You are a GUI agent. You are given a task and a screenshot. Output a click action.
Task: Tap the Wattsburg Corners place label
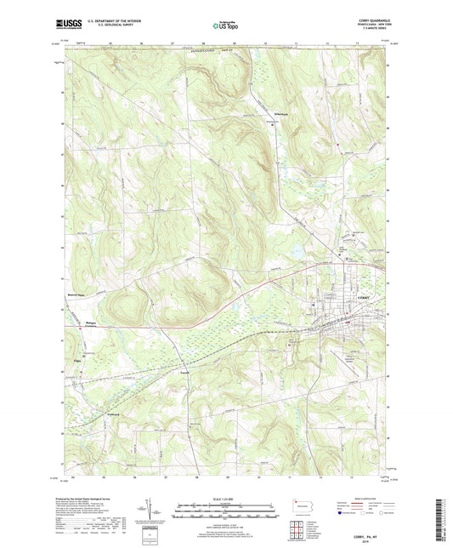[x=72, y=323]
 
